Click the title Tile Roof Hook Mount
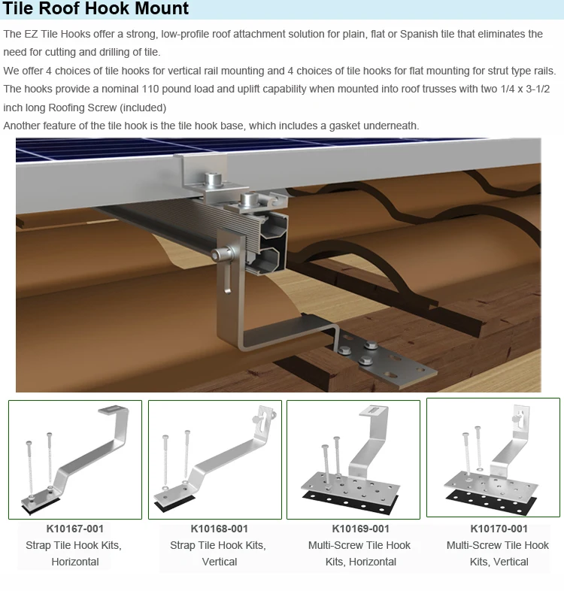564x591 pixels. [x=96, y=11]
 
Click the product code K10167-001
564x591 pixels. [x=74, y=529]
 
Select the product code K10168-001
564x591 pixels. [x=219, y=529]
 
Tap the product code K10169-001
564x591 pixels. [x=360, y=529]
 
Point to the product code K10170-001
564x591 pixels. [x=499, y=529]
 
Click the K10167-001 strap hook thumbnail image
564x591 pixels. [x=74, y=459]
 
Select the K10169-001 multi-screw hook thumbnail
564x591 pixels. [x=353, y=459]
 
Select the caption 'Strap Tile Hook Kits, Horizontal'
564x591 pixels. [x=74, y=553]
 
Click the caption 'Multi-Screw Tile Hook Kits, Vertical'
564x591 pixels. [x=499, y=553]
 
